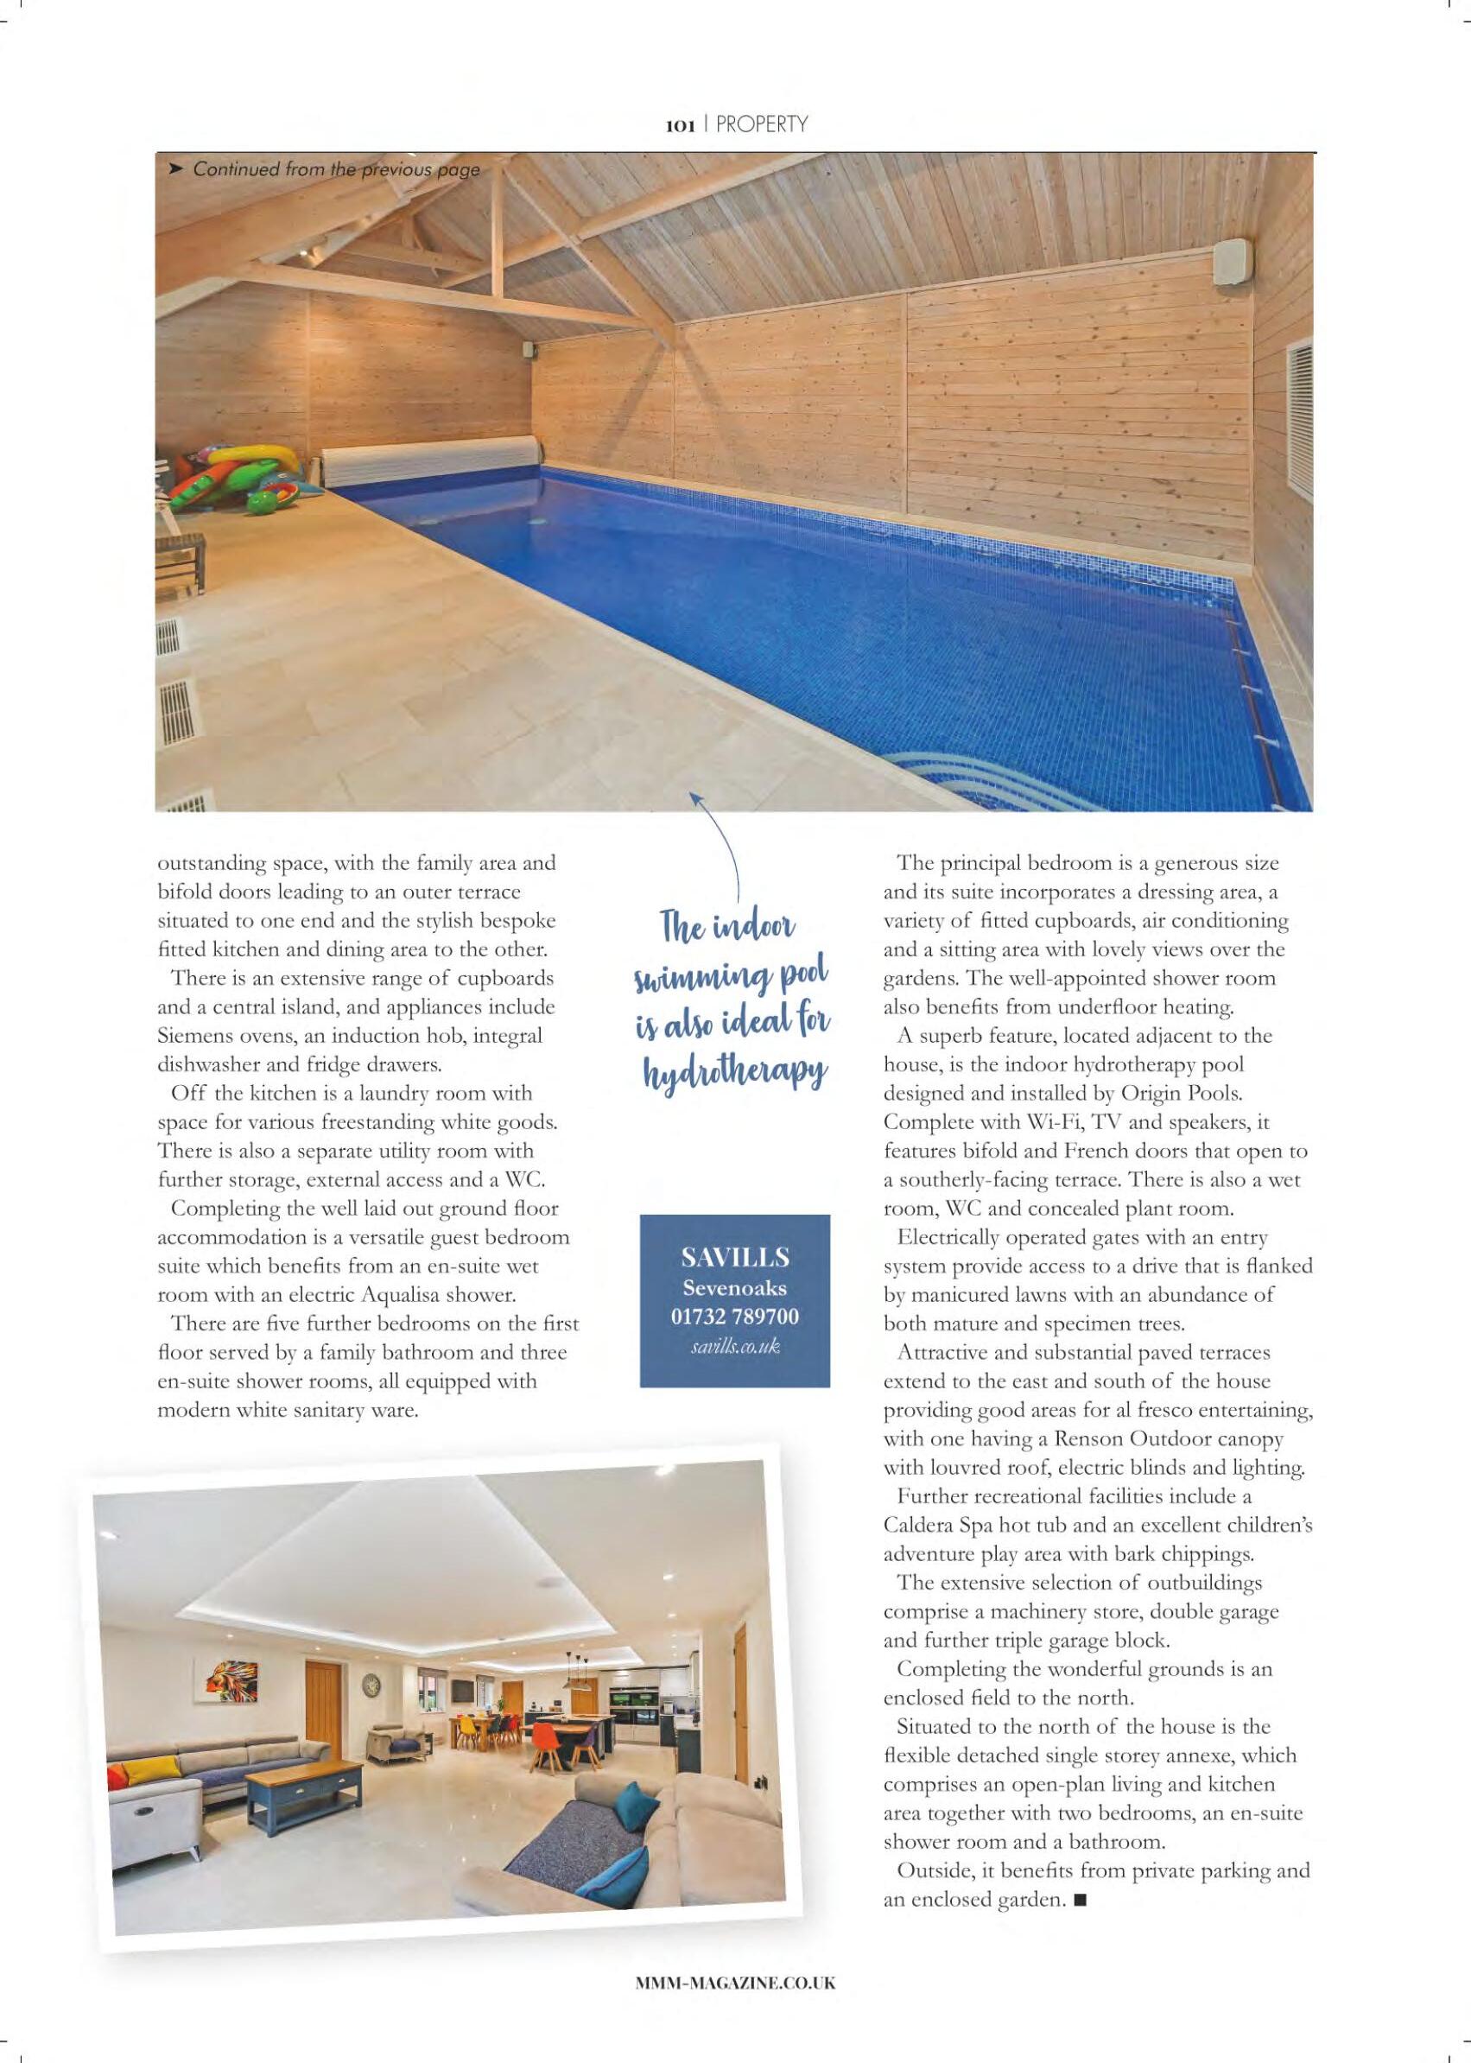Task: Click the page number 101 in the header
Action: point(679,126)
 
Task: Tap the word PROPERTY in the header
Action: point(761,125)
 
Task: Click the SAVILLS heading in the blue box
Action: point(734,1258)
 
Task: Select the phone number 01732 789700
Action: point(734,1317)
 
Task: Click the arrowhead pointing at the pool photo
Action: point(695,798)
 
